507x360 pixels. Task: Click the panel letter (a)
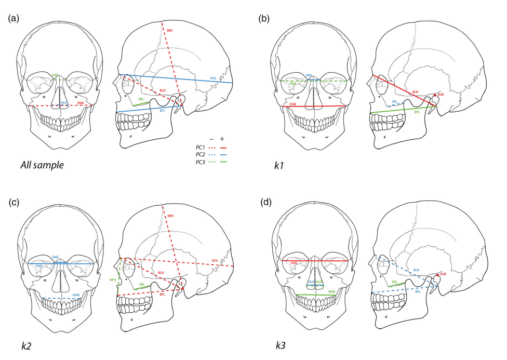[x=14, y=19]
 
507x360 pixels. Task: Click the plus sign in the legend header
[x=222, y=139]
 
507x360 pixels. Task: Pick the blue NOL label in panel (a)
[x=214, y=78]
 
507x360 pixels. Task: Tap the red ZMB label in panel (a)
[x=80, y=103]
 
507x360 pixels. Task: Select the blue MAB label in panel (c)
[x=76, y=295]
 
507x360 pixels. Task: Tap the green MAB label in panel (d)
[x=330, y=292]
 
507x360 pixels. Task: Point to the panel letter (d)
[x=265, y=198]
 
